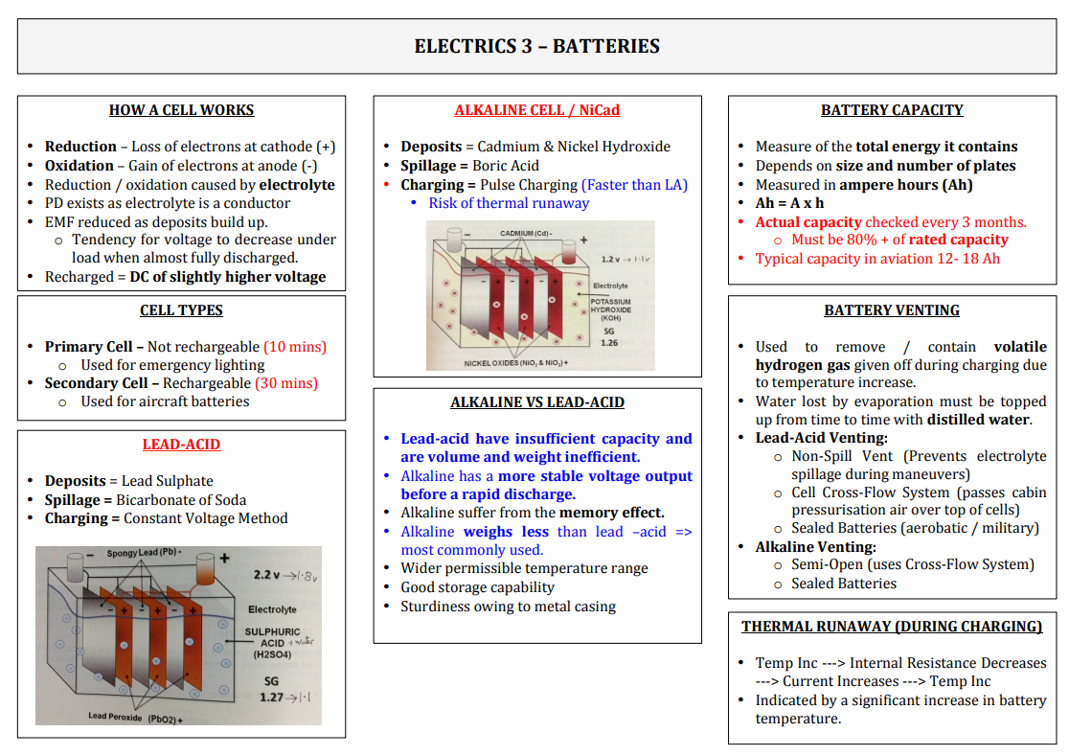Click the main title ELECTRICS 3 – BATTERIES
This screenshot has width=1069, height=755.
click(537, 46)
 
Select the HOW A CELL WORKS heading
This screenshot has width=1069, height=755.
click(181, 110)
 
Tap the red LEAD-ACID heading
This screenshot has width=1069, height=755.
click(181, 445)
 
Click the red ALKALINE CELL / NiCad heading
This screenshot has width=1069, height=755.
click(537, 110)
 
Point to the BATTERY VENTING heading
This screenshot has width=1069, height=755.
click(892, 310)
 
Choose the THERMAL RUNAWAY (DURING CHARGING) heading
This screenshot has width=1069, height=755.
click(892, 627)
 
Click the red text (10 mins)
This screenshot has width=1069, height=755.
click(295, 347)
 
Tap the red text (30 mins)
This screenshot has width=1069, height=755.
click(286, 383)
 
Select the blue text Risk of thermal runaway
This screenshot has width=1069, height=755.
click(509, 203)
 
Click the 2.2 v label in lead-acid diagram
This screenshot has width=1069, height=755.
click(266, 575)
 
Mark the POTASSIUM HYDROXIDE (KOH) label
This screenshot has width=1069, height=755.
click(611, 309)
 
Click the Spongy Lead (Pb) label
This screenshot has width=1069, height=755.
click(143, 553)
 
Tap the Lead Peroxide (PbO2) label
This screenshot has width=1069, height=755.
click(136, 718)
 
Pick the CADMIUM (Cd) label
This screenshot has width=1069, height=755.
click(526, 233)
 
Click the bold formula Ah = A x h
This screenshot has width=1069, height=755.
click(789, 203)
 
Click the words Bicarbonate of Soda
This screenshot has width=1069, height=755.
click(181, 500)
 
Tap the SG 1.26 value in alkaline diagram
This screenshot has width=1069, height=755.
click(609, 337)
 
